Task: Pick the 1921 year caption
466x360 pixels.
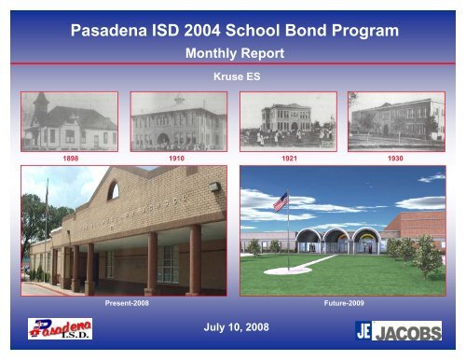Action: coord(290,159)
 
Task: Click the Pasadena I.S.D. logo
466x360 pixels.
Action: coord(65,330)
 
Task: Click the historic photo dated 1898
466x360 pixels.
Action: coord(70,121)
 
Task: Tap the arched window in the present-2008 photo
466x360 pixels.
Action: coord(114,191)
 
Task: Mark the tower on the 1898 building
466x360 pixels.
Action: coord(42,105)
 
